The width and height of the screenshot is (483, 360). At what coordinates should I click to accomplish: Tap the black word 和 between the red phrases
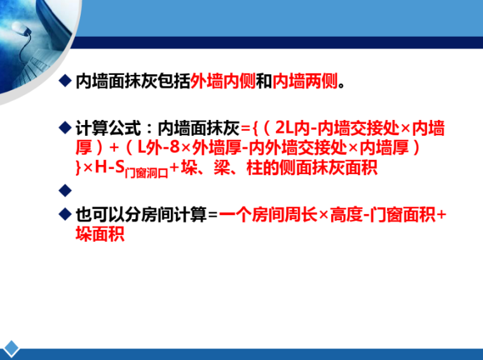(x=264, y=82)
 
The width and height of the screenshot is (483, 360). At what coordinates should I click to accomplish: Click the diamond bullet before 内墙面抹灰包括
(x=64, y=81)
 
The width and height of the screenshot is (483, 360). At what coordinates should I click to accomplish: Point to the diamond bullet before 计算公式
(x=64, y=128)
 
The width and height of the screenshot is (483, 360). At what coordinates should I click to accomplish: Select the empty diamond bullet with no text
(x=64, y=190)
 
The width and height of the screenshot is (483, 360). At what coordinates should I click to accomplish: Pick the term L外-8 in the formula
(x=156, y=149)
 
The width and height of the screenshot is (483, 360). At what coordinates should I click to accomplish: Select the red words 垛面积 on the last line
(x=99, y=235)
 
